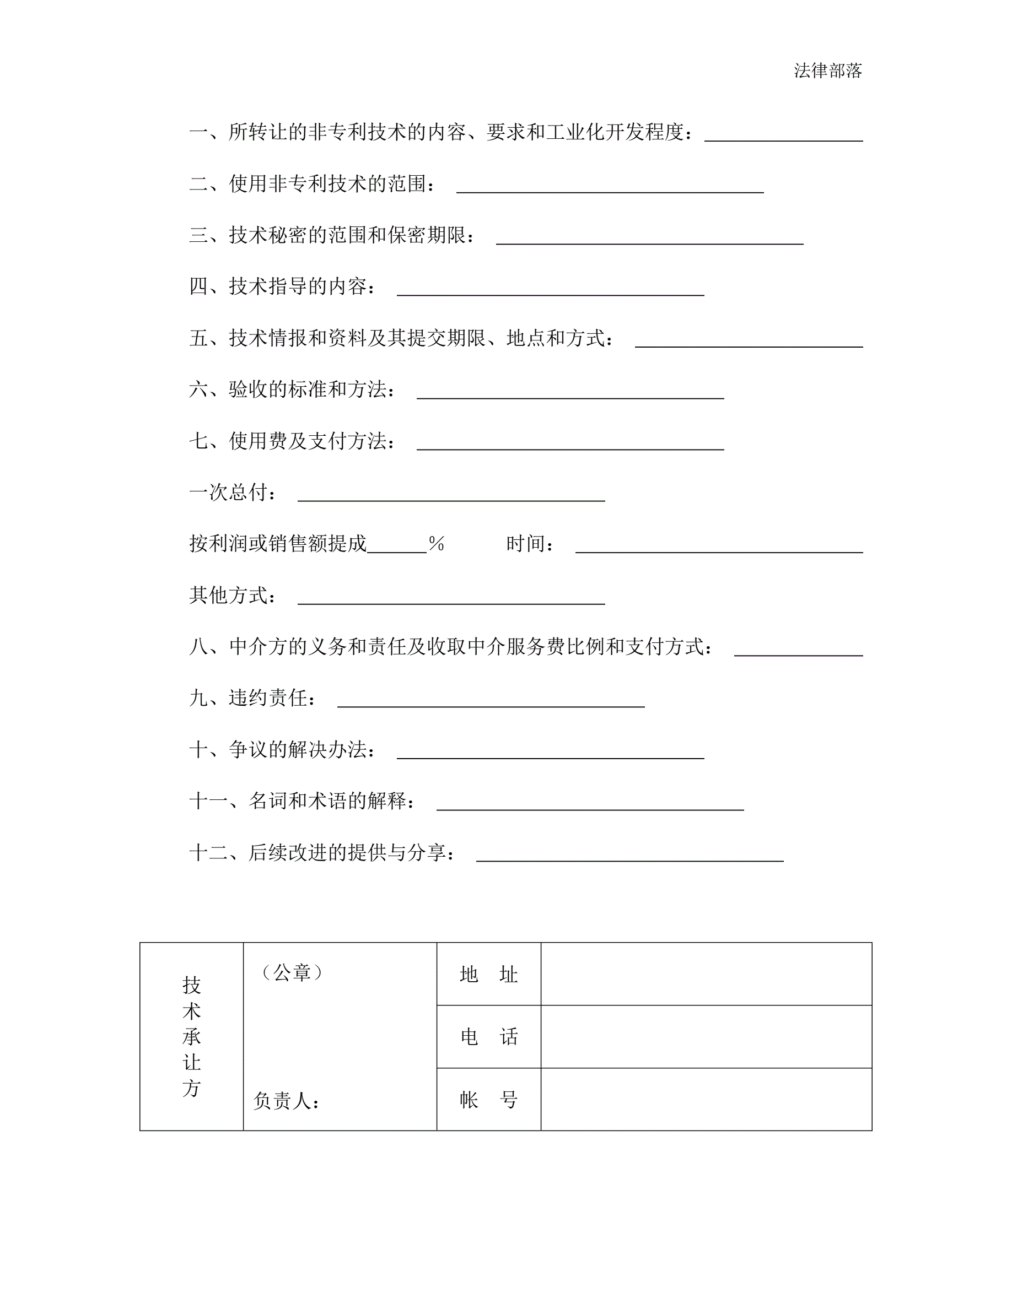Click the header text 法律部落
pos(827,71)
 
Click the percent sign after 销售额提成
pos(437,544)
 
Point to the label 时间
pos(530,544)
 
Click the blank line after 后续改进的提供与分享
pos(629,859)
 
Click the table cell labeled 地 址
pos(488,975)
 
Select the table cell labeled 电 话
pos(488,1037)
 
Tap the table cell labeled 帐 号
pos(488,1099)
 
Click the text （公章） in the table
pos(292,972)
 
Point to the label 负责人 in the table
pos(286,1100)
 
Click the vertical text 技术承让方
pos(191,1036)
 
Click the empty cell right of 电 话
pos(706,1037)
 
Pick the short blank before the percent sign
pos(397,550)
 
